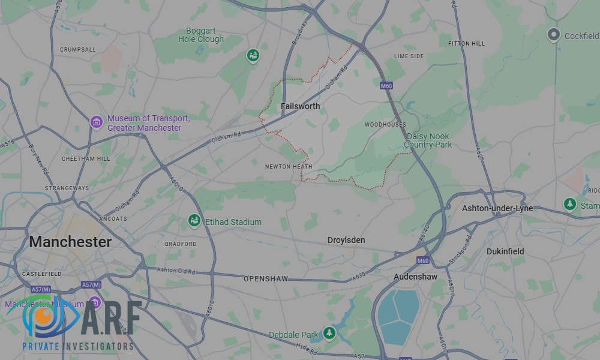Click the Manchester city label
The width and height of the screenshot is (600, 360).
tap(70, 242)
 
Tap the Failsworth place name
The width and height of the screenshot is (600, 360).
tap(300, 106)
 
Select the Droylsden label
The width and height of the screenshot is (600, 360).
tap(346, 240)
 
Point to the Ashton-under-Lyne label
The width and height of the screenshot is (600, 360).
tap(497, 208)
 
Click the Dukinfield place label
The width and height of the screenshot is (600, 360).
tap(505, 251)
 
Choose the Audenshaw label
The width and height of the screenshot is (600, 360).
tap(415, 277)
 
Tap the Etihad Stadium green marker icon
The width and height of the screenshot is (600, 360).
tap(194, 221)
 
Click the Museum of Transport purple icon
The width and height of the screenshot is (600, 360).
tap(96, 123)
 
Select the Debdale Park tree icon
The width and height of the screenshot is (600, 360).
tap(329, 333)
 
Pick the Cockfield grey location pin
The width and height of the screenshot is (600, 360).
tap(554, 35)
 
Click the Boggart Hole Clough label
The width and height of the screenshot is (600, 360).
tap(201, 35)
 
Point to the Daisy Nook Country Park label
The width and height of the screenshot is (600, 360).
tap(428, 140)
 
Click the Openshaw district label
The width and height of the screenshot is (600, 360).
tap(266, 279)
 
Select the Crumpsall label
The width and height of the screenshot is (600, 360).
tap(78, 50)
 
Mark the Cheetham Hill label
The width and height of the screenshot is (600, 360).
tap(86, 159)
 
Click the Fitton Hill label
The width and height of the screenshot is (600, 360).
tap(466, 44)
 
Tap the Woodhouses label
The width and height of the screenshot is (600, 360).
tap(385, 125)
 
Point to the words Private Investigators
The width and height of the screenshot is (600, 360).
tap(78, 346)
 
